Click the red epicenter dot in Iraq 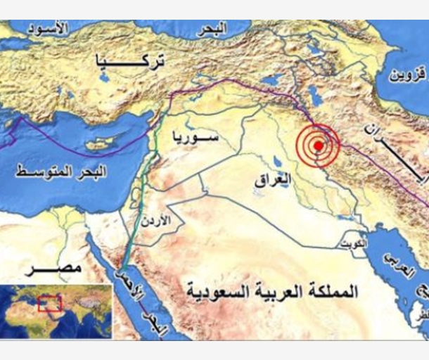click(318, 146)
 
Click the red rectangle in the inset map click(49, 303)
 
